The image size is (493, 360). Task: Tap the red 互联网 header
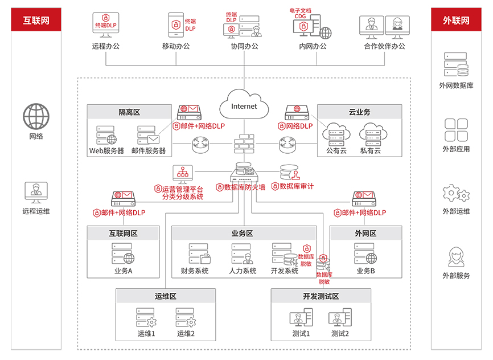tap(36, 20)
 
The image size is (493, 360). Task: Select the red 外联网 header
tap(456, 20)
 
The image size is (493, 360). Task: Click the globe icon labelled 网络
tap(36, 116)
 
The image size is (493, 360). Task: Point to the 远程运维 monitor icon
tap(36, 193)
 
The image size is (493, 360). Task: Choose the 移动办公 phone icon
tap(176, 25)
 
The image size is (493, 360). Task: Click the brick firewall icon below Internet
tap(244, 144)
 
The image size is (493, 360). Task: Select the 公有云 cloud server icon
tap(336, 134)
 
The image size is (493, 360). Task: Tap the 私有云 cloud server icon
tap(373, 134)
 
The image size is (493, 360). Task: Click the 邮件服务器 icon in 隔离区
tap(149, 136)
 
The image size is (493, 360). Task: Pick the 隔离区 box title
tap(129, 112)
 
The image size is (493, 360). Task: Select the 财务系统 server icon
tap(200, 253)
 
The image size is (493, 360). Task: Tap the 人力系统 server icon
tap(243, 253)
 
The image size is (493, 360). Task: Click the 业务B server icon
tap(365, 253)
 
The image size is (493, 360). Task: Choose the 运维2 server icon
tap(186, 317)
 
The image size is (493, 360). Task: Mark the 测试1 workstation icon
tap(301, 317)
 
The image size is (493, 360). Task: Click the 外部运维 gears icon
tap(456, 193)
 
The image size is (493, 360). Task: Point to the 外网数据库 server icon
tap(456, 64)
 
